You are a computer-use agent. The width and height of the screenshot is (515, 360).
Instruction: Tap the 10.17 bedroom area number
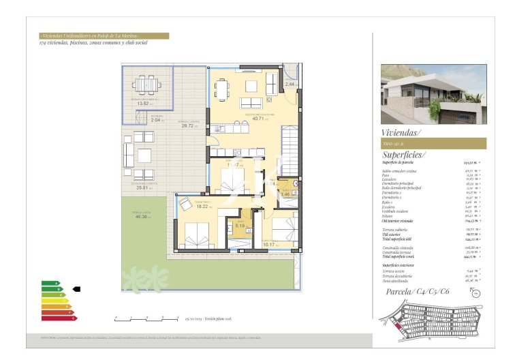click(268, 244)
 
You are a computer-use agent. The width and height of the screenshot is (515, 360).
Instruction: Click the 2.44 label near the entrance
click(290, 84)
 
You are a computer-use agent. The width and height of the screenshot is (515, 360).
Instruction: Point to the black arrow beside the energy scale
click(76, 289)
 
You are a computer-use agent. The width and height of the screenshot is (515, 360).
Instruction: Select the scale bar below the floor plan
click(147, 318)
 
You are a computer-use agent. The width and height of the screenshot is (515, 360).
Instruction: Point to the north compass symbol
click(475, 295)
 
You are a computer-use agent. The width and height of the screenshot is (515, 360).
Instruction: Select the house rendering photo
click(433, 95)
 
